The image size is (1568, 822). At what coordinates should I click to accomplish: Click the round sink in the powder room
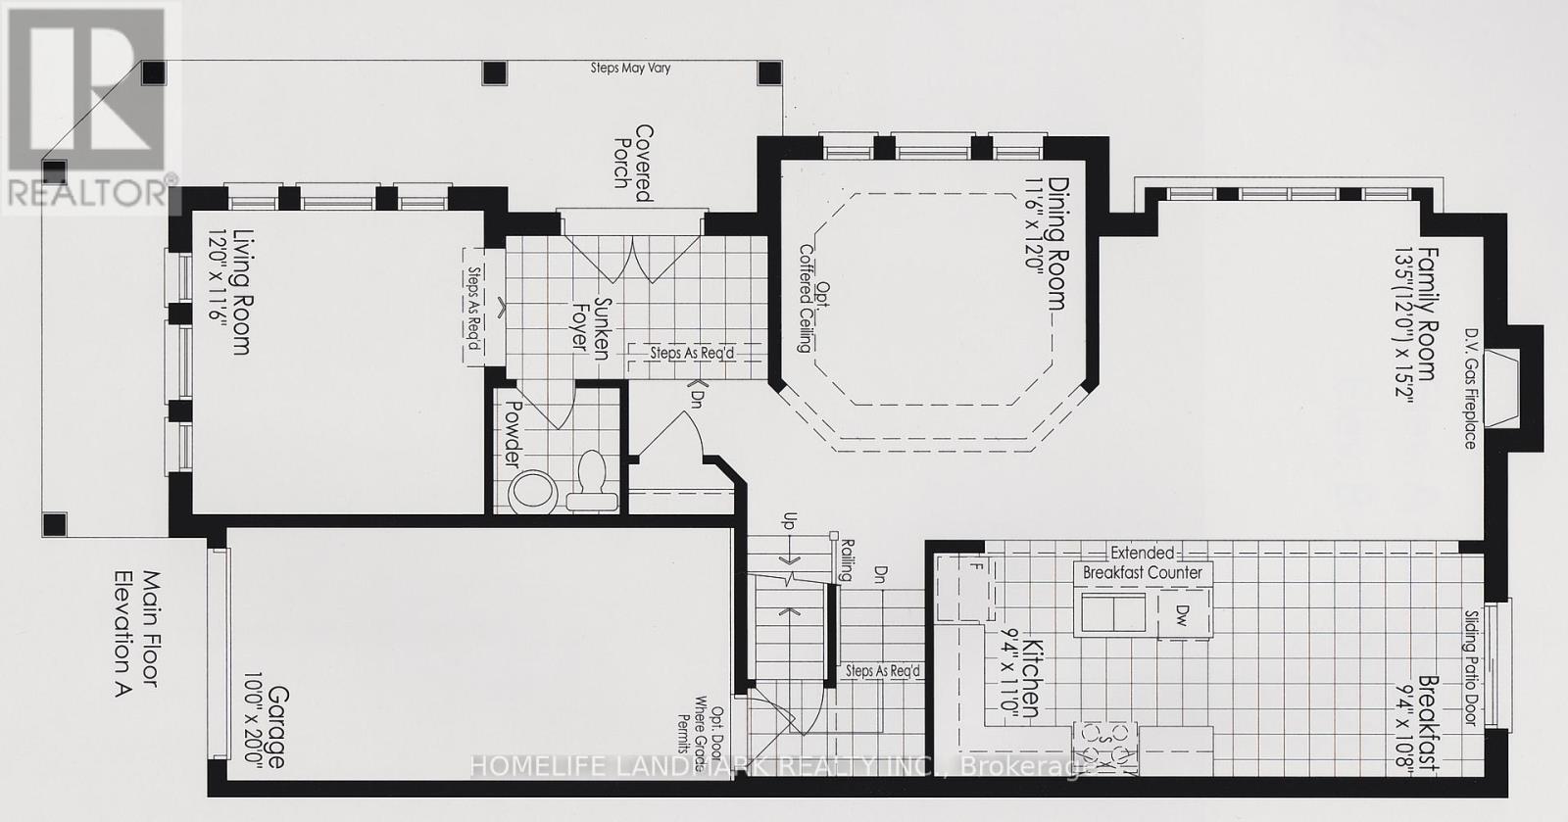533,492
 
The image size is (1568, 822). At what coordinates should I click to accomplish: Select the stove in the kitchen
1105,748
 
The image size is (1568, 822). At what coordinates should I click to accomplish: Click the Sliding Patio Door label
1471,667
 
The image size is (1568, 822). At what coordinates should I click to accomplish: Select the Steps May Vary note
630,68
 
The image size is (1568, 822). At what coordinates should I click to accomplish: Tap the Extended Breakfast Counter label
1143,562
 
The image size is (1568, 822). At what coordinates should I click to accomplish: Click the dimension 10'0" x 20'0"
252,721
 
